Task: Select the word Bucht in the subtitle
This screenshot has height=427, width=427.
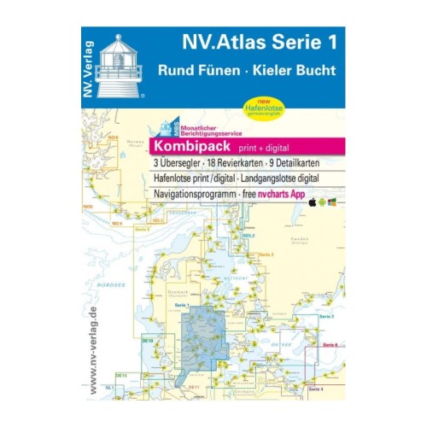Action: (310, 72)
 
